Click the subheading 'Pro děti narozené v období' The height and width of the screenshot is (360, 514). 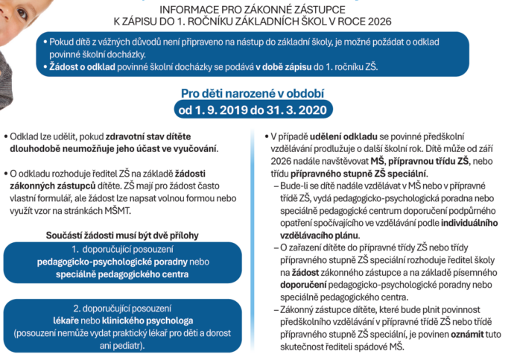[x=256, y=94]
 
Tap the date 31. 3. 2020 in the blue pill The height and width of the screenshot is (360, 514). [x=295, y=111]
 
